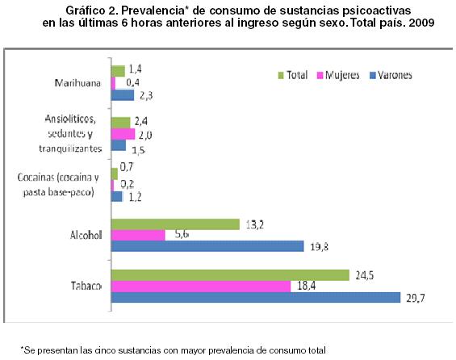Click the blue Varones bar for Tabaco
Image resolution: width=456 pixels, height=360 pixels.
pos(256,298)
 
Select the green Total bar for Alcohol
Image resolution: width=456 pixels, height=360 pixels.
pos(175,224)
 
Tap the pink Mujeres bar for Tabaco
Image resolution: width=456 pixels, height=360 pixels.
pos(201,287)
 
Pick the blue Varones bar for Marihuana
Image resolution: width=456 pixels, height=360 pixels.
pos(123,95)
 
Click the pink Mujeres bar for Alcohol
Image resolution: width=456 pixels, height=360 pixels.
pos(138,235)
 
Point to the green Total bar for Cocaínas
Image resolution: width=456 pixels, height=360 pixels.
pos(115,174)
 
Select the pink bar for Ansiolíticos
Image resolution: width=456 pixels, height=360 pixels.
pos(123,134)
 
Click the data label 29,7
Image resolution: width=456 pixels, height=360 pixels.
pos(416,298)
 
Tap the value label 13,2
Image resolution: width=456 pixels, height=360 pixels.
pos(255,224)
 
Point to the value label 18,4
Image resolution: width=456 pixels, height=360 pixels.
pos(306,286)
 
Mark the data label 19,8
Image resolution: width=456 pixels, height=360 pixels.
pos(320,247)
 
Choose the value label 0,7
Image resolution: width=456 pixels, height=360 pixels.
pos(127,167)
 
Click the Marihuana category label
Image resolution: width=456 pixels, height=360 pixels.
pos(77,83)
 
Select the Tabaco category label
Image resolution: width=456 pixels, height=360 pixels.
pos(86,286)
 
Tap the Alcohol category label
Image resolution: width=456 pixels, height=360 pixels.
pos(86,235)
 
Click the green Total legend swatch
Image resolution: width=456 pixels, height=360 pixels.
pos(281,75)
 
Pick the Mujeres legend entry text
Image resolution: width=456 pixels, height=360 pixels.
pos(342,75)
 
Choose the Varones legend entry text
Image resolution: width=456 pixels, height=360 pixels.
pos(395,75)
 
